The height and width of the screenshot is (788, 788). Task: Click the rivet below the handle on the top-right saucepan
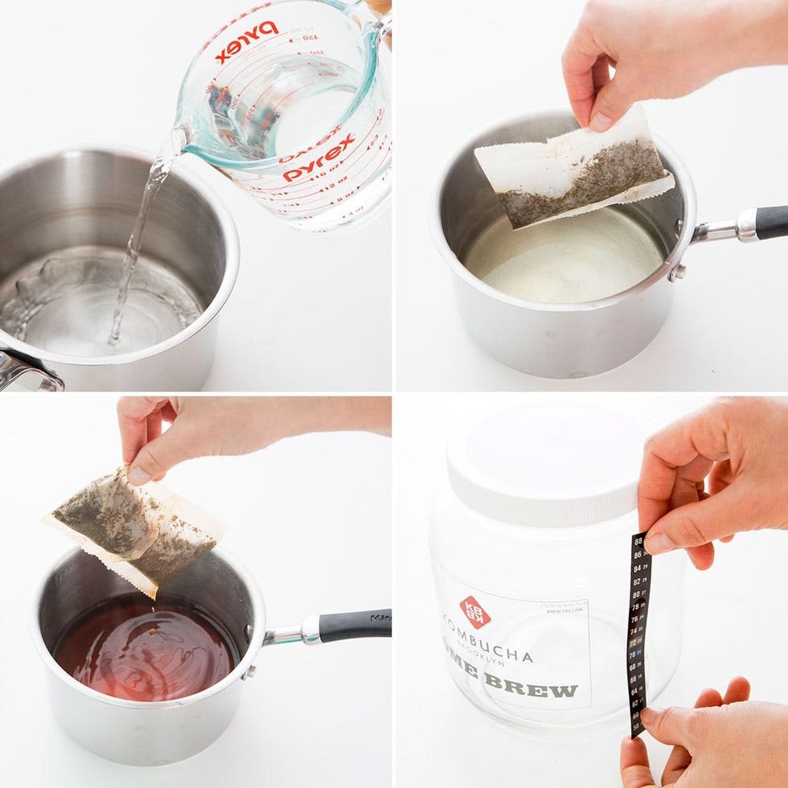(679, 271)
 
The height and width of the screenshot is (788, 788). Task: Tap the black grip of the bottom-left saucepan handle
(355, 623)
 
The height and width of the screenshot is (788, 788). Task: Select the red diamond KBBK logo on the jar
(475, 611)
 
